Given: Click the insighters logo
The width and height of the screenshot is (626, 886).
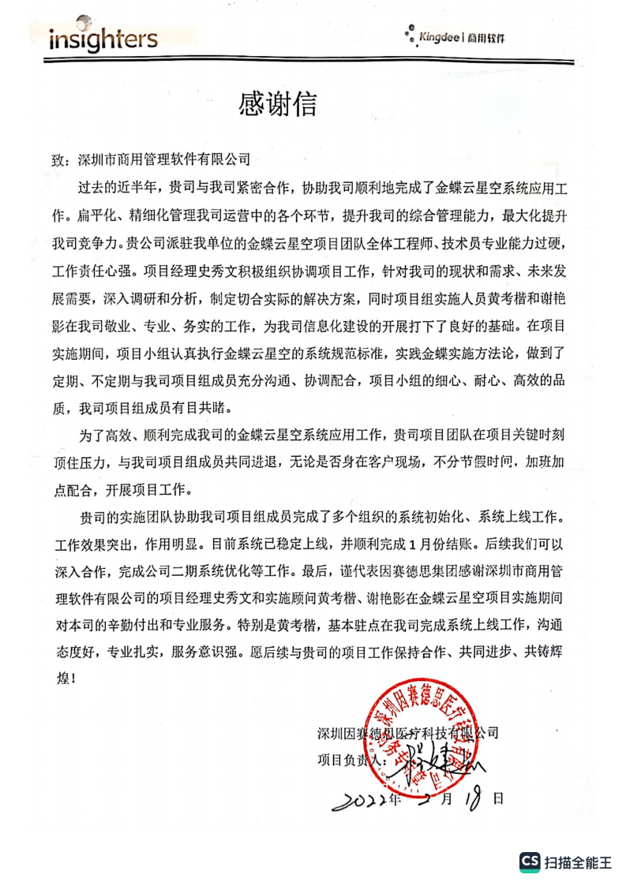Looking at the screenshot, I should click(103, 39).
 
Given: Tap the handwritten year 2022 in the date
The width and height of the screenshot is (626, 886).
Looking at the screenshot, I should click(362, 800).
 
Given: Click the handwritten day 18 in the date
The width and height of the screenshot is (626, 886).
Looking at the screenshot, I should click(474, 798).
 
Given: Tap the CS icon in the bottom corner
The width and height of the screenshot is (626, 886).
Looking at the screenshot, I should click(529, 862).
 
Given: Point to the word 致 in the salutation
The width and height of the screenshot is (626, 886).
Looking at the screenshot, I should click(60, 159).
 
